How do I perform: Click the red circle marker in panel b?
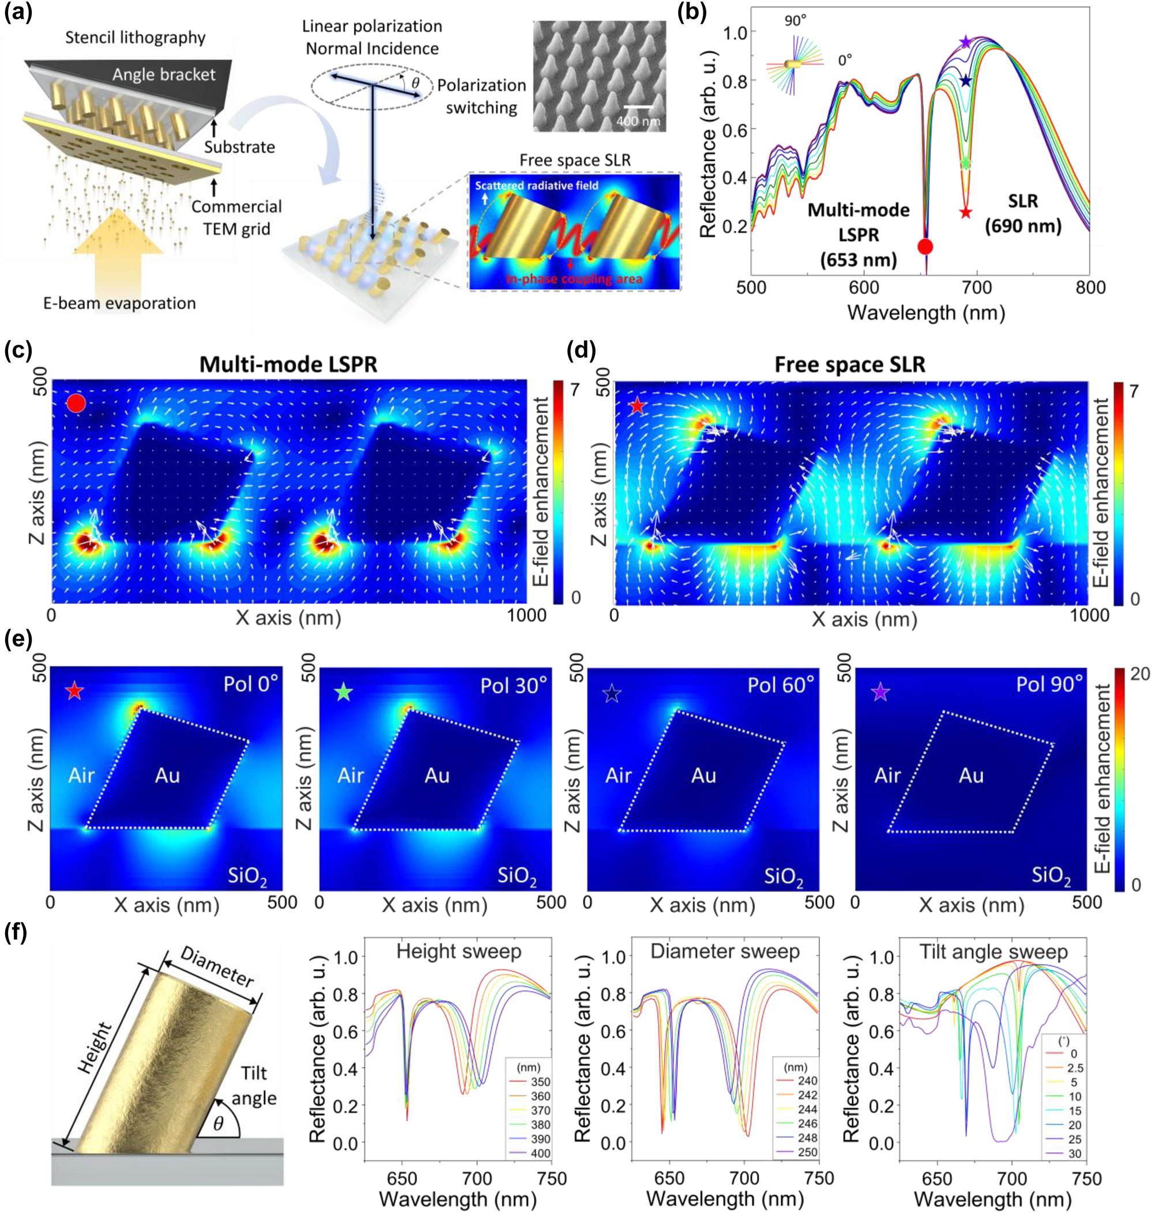tap(925, 247)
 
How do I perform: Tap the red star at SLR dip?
tap(966, 213)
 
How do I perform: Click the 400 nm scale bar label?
tap(638, 122)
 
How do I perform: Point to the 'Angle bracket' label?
tap(163, 75)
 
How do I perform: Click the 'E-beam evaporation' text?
tap(119, 303)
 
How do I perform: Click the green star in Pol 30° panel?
tap(344, 693)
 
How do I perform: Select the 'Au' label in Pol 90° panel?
tap(971, 776)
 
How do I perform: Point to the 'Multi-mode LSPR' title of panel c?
tap(288, 365)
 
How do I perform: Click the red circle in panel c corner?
tap(76, 403)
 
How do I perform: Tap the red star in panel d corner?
tap(638, 406)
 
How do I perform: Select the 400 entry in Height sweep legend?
tap(540, 1154)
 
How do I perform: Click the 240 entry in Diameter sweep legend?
tap(808, 1080)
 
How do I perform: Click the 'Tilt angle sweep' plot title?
tap(993, 952)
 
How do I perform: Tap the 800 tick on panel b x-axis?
tap(1090, 288)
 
